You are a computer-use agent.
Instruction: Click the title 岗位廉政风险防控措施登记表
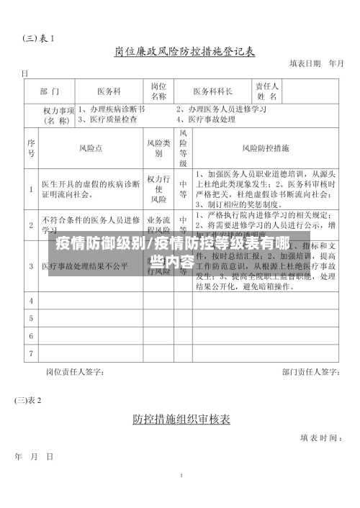(x=184, y=52)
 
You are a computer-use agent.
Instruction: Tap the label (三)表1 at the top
(x=38, y=37)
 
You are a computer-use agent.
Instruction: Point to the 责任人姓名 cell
(x=267, y=91)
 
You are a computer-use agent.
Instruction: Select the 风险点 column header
(x=91, y=148)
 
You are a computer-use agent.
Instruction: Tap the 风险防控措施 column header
(x=266, y=148)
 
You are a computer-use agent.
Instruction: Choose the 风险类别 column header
(x=158, y=148)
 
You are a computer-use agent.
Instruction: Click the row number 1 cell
(x=31, y=189)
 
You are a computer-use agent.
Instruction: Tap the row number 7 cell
(x=31, y=353)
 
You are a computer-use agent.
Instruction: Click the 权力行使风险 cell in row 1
(x=158, y=189)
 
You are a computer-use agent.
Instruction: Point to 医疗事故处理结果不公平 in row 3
(x=84, y=266)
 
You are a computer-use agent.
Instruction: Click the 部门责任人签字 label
(x=310, y=372)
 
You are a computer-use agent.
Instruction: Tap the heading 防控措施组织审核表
(x=181, y=417)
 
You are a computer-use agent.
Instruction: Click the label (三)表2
(x=29, y=399)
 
